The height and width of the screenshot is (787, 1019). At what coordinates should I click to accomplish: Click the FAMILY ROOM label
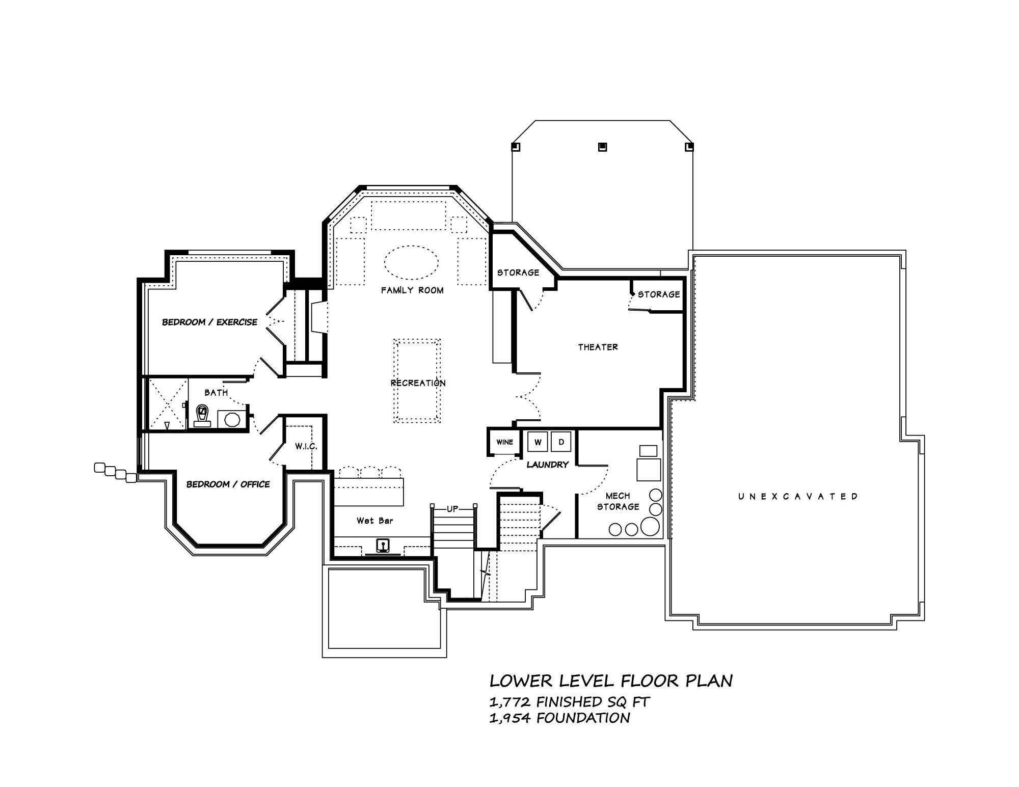pyautogui.click(x=412, y=290)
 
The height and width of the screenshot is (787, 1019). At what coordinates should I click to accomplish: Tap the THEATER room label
pyautogui.click(x=598, y=347)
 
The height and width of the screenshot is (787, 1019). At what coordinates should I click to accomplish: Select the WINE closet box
pyautogui.click(x=504, y=442)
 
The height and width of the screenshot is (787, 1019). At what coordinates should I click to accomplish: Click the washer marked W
pyautogui.click(x=537, y=442)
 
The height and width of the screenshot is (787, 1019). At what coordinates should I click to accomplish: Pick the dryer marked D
pyautogui.click(x=561, y=442)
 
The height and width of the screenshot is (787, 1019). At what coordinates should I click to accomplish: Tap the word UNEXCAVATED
pyautogui.click(x=798, y=496)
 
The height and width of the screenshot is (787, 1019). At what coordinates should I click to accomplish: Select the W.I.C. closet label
pyautogui.click(x=306, y=447)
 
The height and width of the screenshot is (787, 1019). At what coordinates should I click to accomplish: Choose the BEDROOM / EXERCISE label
pyautogui.click(x=209, y=322)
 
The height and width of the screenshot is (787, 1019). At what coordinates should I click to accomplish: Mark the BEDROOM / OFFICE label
pyautogui.click(x=228, y=484)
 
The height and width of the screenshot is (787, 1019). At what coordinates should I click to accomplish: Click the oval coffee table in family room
pyautogui.click(x=411, y=262)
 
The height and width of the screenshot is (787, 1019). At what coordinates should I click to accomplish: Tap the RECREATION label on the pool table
pyautogui.click(x=418, y=383)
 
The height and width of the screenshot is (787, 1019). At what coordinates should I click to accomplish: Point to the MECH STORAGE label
pyautogui.click(x=618, y=501)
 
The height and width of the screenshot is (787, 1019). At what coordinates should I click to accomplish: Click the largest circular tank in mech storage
pyautogui.click(x=650, y=526)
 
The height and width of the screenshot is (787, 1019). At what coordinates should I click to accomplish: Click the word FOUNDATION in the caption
pyautogui.click(x=583, y=718)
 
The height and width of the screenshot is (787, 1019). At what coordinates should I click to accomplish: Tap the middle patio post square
pyautogui.click(x=602, y=147)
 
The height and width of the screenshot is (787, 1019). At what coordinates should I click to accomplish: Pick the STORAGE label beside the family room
pyautogui.click(x=518, y=273)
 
